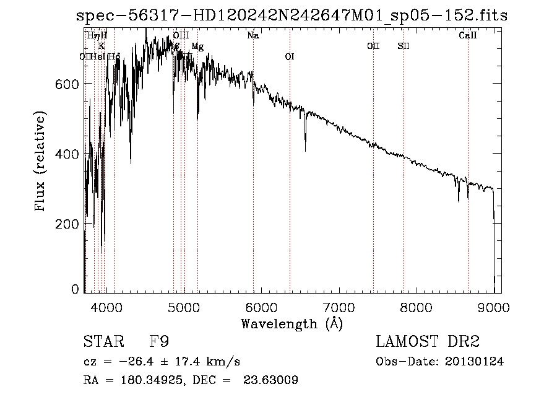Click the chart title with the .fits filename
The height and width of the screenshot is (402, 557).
[x=291, y=16]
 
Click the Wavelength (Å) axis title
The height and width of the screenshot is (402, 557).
[x=291, y=323]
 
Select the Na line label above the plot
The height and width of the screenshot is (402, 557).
[x=253, y=36]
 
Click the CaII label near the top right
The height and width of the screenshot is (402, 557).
[x=467, y=36]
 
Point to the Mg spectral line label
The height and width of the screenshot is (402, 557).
[x=197, y=46]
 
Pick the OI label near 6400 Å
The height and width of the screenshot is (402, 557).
[x=289, y=57]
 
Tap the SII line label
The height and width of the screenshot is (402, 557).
[x=404, y=46]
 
